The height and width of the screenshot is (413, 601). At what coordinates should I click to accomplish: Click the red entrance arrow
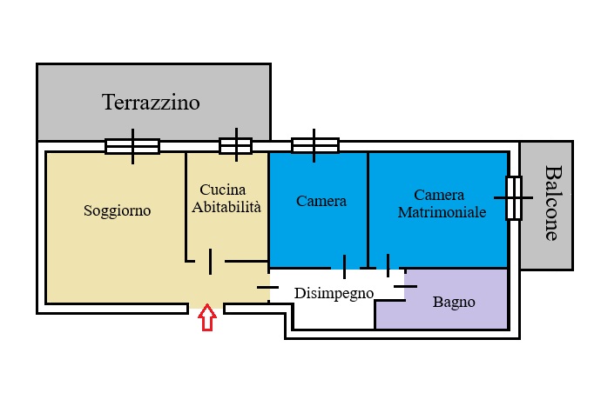point(207,317)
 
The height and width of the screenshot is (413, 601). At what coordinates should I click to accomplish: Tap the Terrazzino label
point(151,103)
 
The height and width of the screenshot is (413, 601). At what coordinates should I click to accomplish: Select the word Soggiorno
point(118,210)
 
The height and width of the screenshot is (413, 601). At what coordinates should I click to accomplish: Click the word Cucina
point(223,190)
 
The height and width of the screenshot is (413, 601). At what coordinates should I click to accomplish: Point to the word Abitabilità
point(226,207)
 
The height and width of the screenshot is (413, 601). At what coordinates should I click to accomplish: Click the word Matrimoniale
point(442,212)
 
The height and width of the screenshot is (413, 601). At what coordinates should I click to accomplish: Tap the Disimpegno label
point(334,294)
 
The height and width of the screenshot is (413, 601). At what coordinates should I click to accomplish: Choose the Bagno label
point(454,302)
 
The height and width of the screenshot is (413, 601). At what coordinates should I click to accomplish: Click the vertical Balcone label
point(553,203)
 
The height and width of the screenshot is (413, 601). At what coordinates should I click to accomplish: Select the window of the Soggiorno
point(132,146)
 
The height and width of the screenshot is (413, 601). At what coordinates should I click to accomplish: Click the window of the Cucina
point(236,145)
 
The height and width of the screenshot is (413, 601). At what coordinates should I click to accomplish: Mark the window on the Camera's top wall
point(314,145)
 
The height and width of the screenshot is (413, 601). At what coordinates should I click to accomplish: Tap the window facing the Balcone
point(514,198)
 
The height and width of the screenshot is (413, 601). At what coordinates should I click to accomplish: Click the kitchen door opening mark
point(210,262)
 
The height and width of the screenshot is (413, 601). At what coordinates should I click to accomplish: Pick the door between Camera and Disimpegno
point(344,267)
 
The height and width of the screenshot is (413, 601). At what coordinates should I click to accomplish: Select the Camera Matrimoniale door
point(388,265)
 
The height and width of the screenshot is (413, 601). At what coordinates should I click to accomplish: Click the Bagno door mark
point(405,286)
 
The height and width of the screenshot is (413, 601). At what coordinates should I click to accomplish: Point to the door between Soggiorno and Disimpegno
point(267,287)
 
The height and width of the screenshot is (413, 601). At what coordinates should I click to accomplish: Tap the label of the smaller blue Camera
point(321,201)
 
